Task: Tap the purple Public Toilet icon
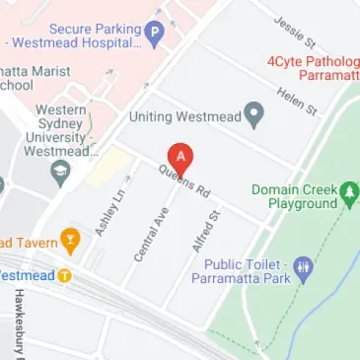[304, 267]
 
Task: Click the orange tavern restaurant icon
[69, 239]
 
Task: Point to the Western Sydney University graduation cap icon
[60, 176]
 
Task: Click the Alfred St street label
[206, 230]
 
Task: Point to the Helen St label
[297, 98]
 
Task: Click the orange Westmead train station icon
[64, 275]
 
